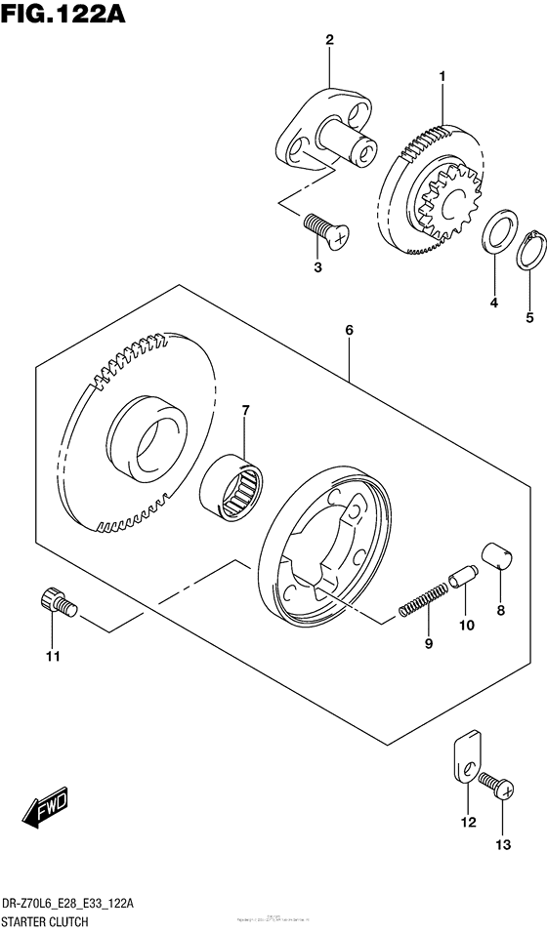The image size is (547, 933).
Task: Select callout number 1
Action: pyautogui.click(x=442, y=75)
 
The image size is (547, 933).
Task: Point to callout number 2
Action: pyautogui.click(x=329, y=40)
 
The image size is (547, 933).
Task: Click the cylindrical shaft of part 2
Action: pyautogui.click(x=350, y=138)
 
